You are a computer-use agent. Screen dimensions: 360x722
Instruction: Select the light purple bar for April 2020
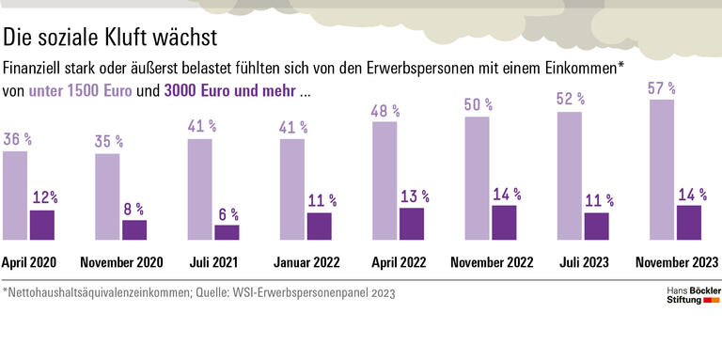pos(15,196)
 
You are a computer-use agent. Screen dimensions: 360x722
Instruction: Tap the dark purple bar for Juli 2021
pos(227,233)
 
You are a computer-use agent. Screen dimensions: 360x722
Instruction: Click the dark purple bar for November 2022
pos(504,223)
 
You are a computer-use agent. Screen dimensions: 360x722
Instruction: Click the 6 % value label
pos(228,214)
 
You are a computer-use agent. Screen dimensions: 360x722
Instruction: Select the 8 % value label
pos(134,210)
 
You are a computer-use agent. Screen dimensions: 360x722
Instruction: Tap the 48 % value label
pos(385,111)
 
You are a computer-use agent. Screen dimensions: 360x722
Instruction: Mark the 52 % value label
pos(570,99)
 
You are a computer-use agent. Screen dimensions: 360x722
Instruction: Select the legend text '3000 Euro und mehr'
pos(229,92)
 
